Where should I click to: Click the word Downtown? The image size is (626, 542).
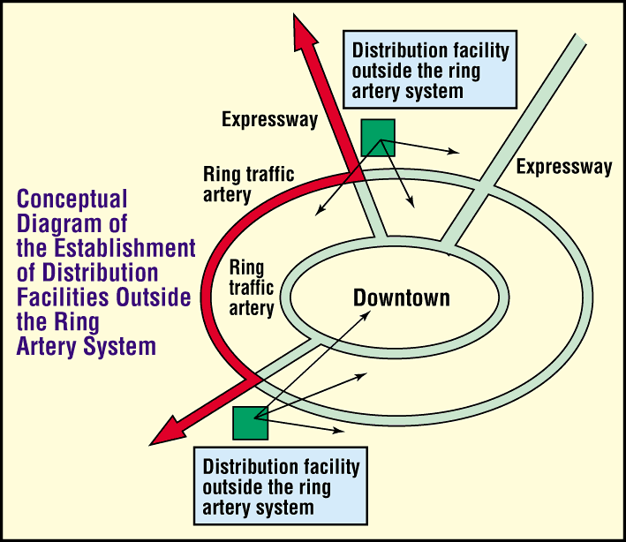(401, 297)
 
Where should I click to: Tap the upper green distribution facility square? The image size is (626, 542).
(378, 138)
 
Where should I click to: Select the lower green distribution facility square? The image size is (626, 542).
(251, 423)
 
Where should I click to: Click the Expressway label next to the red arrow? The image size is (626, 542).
(270, 119)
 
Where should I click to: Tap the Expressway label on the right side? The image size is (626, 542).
(564, 167)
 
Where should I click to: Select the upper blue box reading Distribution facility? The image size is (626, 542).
(430, 70)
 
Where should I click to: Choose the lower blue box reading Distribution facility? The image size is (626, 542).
(281, 486)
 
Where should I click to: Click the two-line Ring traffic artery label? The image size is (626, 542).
(249, 184)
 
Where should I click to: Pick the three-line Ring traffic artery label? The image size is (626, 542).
(252, 288)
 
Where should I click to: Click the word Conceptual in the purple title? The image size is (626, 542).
(72, 199)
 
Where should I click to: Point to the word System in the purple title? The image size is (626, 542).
(120, 346)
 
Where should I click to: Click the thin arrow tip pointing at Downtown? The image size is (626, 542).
(370, 312)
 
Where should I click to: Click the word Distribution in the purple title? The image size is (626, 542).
(100, 273)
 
